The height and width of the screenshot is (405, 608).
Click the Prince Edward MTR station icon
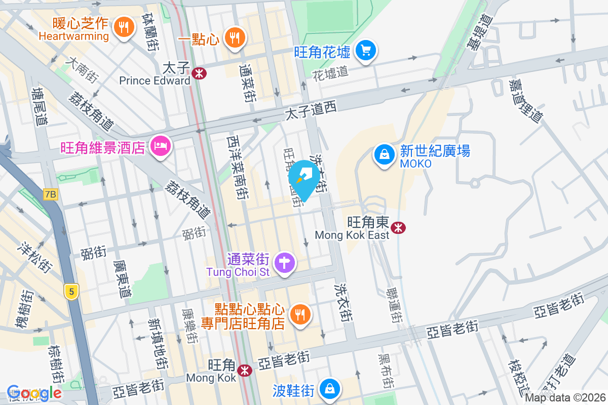click(199, 73)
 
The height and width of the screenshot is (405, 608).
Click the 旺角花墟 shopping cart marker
click(365, 51)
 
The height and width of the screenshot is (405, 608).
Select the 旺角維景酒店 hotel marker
click(161, 147)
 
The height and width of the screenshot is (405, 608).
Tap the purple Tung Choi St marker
click(285, 263)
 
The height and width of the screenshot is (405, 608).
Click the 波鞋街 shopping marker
click(330, 389)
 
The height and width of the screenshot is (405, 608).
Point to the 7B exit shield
click(51, 194)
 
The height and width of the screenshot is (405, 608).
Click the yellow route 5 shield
click(72, 291)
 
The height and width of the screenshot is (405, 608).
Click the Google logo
click(34, 393)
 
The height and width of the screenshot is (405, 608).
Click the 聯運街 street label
click(393, 306)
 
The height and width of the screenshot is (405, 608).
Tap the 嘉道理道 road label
click(526, 101)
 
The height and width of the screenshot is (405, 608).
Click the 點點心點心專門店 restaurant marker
click(301, 315)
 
